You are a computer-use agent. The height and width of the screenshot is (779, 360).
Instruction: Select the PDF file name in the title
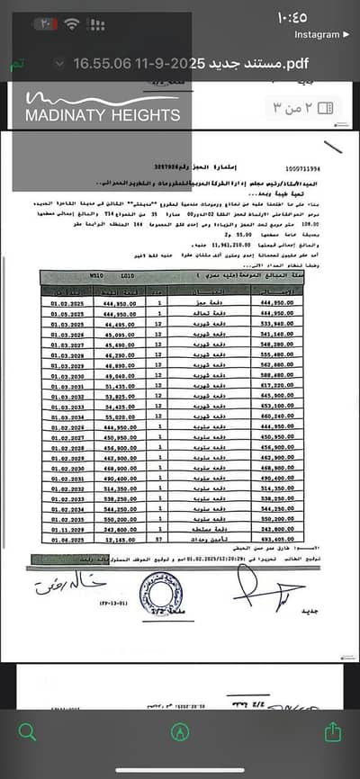[179, 64]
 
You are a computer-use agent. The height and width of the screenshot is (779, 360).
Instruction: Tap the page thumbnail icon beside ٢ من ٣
[325, 107]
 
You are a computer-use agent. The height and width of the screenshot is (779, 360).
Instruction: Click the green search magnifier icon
[27, 731]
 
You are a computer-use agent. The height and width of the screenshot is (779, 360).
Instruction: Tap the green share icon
[334, 730]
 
